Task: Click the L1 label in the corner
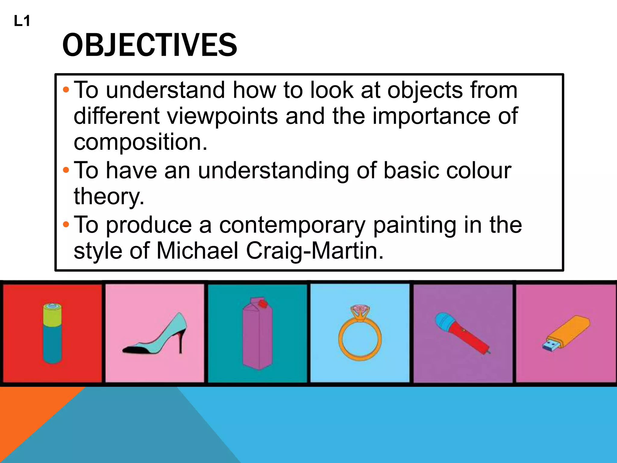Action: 22,21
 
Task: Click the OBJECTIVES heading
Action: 150,45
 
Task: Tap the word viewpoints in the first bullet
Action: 222,116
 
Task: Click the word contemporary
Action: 292,225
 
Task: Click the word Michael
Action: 197,251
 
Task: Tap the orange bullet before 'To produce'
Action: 66,225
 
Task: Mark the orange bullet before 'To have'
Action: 66,170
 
